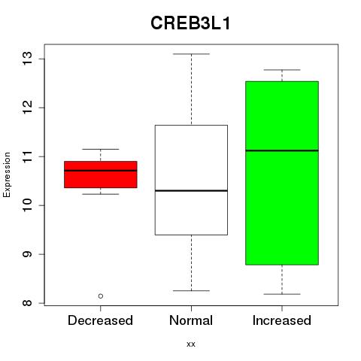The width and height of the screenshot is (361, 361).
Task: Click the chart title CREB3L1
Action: pyautogui.click(x=190, y=23)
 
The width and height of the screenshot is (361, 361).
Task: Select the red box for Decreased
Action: pyautogui.click(x=101, y=174)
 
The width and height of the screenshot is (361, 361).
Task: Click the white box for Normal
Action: pyautogui.click(x=191, y=180)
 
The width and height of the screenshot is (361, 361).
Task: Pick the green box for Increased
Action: pyautogui.click(x=282, y=173)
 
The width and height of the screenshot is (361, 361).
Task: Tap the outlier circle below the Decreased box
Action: pyautogui.click(x=101, y=296)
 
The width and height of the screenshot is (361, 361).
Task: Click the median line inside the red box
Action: pyautogui.click(x=101, y=171)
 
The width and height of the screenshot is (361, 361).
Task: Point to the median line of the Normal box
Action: pyautogui.click(x=191, y=191)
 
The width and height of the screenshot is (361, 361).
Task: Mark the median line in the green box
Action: pyautogui.click(x=282, y=150)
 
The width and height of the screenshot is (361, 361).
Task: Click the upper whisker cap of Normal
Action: pyautogui.click(x=191, y=54)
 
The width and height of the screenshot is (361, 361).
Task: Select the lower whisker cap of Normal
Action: pyautogui.click(x=191, y=291)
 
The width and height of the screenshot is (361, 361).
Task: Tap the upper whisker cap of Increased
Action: pyautogui.click(x=282, y=70)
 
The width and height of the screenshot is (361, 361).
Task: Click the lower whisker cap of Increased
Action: pyautogui.click(x=282, y=294)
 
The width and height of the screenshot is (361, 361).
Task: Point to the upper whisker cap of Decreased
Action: pyautogui.click(x=101, y=149)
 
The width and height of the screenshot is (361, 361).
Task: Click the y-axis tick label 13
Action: pyautogui.click(x=27, y=59)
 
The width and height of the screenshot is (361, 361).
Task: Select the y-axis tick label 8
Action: pyautogui.click(x=27, y=303)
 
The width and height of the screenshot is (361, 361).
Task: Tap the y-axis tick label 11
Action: pyautogui.click(x=27, y=156)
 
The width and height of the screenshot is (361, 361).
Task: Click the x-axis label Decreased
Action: pyautogui.click(x=100, y=320)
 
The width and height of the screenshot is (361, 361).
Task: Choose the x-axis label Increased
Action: pyautogui.click(x=282, y=320)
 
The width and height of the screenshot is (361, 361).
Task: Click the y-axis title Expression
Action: pyautogui.click(x=7, y=174)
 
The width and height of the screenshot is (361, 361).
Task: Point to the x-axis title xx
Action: pyautogui.click(x=191, y=344)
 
